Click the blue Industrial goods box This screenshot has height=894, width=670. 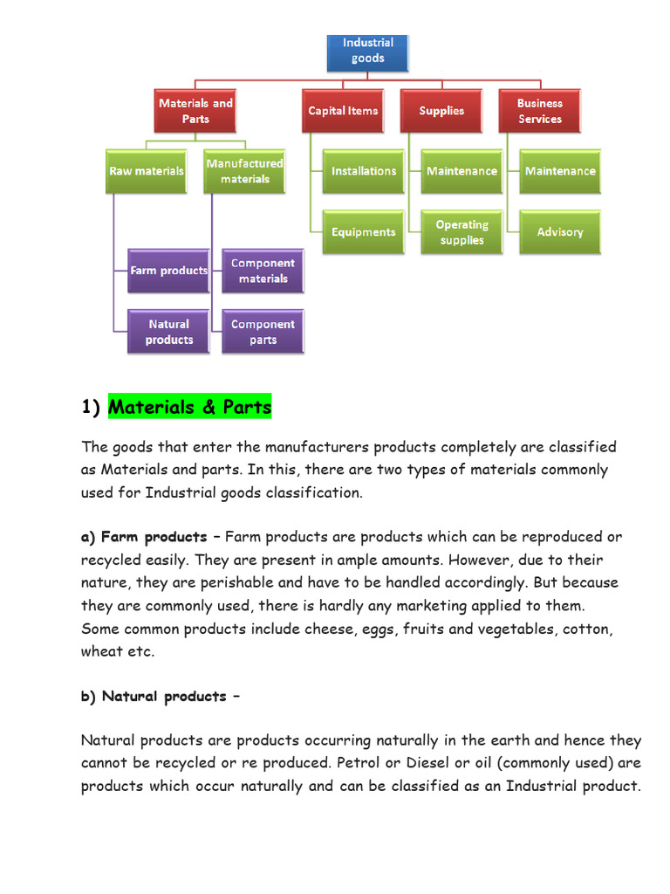click(x=367, y=51)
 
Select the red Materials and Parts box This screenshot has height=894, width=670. click(x=195, y=111)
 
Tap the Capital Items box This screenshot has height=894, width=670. click(x=343, y=111)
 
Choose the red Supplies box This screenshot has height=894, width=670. click(x=441, y=111)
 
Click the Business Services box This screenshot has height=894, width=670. click(x=539, y=111)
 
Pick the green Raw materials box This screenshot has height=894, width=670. click(x=146, y=171)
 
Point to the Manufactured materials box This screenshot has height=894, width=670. click(x=245, y=171)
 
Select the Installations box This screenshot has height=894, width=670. click(x=363, y=171)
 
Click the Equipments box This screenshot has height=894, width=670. click(x=363, y=232)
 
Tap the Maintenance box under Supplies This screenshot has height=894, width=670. click(x=461, y=171)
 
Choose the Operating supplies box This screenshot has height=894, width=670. click(x=461, y=232)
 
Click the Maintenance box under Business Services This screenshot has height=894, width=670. click(x=560, y=171)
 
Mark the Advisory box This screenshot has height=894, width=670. click(x=560, y=232)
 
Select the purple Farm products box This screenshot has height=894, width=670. click(x=168, y=271)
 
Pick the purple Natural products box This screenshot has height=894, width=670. click(x=168, y=332)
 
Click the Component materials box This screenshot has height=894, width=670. click(x=263, y=271)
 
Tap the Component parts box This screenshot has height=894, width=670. click(x=263, y=332)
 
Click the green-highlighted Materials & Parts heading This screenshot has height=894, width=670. click(x=190, y=407)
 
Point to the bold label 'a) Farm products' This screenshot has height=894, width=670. click(x=144, y=537)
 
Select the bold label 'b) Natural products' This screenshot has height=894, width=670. click(x=154, y=696)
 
